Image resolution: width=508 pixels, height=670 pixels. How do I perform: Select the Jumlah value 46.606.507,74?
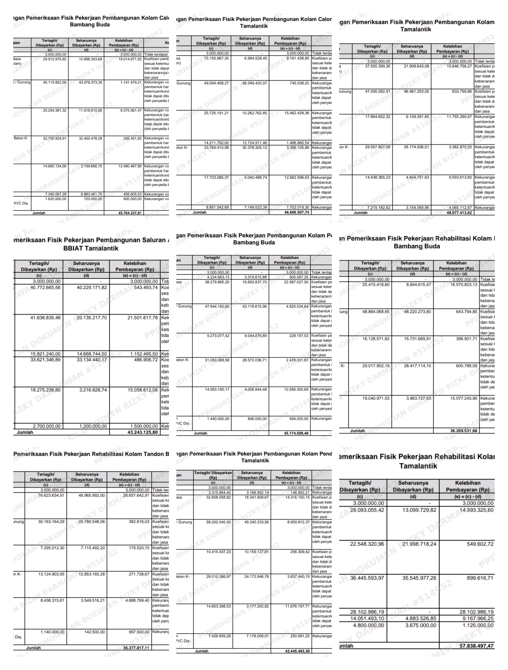click(297, 212)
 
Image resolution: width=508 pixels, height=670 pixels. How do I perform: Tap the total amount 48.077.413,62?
click(459, 213)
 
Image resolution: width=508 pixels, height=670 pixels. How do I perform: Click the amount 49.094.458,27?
click(216, 83)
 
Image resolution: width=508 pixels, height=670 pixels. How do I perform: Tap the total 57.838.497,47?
click(476, 646)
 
